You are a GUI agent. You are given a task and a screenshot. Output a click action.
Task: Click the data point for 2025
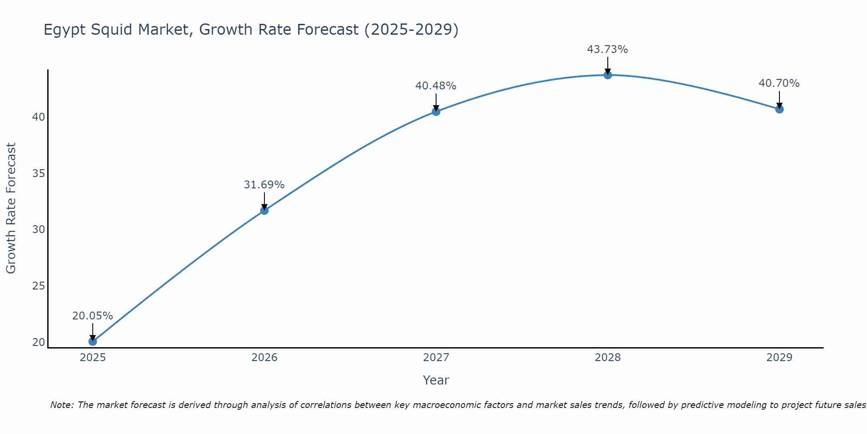point(92,342)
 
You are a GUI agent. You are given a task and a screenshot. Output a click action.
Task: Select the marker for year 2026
point(264,210)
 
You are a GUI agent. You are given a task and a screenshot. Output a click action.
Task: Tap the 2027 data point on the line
point(436,112)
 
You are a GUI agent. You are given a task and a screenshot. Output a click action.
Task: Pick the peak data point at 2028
point(608,75)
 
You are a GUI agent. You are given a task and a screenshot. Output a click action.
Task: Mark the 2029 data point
point(779,109)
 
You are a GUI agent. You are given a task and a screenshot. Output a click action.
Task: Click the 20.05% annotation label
point(92,316)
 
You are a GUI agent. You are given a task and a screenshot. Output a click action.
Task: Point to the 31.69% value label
point(264,185)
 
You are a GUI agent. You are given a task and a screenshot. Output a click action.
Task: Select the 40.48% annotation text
point(436,86)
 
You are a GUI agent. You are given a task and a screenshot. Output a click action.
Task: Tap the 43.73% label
point(607,49)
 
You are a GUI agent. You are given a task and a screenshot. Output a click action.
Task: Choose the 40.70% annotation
point(779,83)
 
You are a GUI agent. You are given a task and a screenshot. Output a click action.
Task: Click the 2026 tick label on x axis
point(264,358)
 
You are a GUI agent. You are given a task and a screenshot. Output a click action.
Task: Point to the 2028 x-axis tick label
point(608,358)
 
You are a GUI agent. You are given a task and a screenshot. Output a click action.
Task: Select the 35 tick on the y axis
point(39,174)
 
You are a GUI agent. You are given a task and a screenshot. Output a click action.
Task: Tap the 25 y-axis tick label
point(39,286)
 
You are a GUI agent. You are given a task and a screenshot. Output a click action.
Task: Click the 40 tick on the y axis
point(39,117)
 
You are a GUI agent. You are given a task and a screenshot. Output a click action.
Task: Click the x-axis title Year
point(436,380)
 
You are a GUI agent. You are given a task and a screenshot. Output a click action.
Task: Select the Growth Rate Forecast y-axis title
point(11,208)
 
